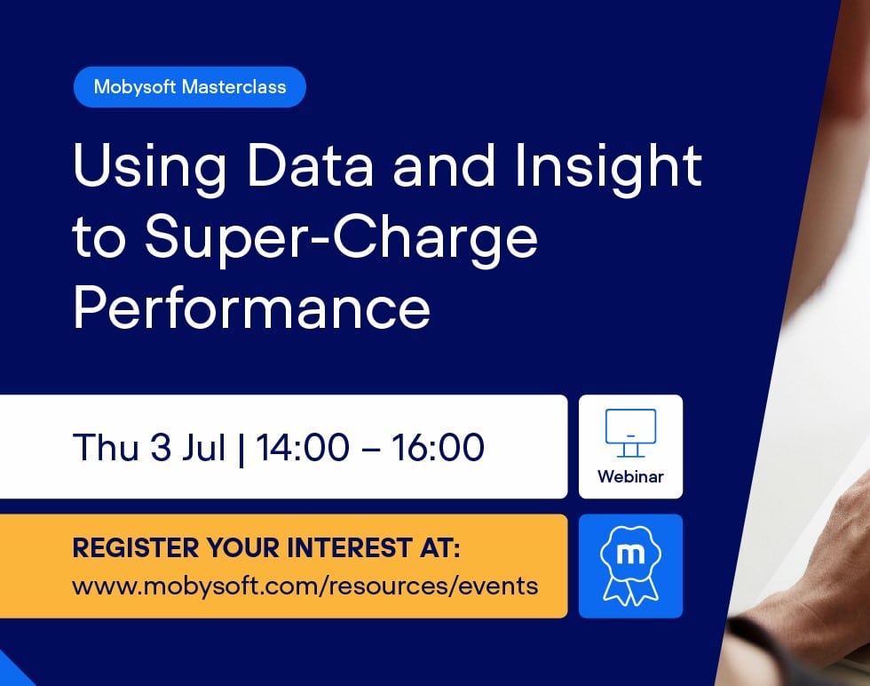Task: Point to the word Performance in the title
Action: coord(251,307)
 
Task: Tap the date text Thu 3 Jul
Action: coord(149,447)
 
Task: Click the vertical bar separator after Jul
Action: coord(241,448)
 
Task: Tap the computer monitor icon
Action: coord(630,431)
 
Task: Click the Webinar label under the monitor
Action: coord(630,477)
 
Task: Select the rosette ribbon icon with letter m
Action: coord(630,565)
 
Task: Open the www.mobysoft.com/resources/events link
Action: coord(304,586)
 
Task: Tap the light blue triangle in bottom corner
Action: coord(11,671)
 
